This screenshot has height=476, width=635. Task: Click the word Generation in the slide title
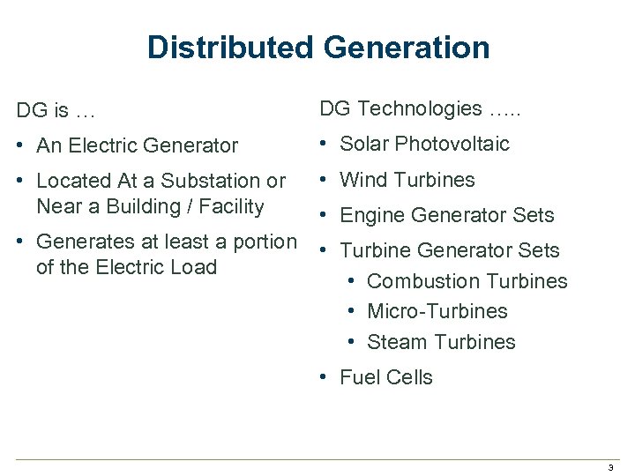[402, 47]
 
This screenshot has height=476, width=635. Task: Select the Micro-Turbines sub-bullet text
[437, 311]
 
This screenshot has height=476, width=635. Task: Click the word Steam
[394, 342]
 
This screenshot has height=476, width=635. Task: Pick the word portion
[264, 242]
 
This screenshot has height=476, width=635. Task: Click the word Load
[194, 267]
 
